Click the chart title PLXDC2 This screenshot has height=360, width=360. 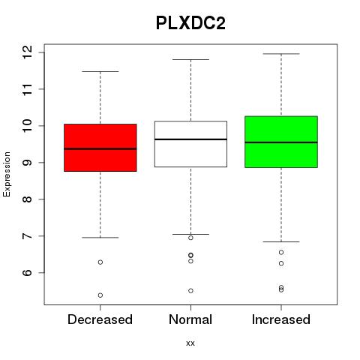click(190, 23)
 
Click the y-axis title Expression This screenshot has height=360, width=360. click(7, 174)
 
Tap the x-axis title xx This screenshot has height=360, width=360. click(190, 343)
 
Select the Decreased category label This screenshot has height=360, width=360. click(100, 319)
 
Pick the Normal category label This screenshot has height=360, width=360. click(190, 319)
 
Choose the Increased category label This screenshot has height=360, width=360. click(281, 319)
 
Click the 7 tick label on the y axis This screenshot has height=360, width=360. click(28, 235)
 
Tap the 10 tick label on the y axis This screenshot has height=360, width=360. click(28, 126)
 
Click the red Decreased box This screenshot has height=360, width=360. click(100, 148)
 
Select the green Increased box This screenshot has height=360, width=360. click(281, 142)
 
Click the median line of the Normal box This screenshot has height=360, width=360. click(190, 139)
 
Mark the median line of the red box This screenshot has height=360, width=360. click(100, 148)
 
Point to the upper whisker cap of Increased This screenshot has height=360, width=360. click(281, 54)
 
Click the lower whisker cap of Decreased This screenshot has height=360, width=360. click(100, 238)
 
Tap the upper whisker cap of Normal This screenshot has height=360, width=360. click(190, 59)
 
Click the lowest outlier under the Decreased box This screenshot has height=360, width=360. click(100, 295)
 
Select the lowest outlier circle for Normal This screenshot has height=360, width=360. click(190, 291)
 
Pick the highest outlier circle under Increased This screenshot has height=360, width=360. click(281, 252)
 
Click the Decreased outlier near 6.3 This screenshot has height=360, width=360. click(100, 262)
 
